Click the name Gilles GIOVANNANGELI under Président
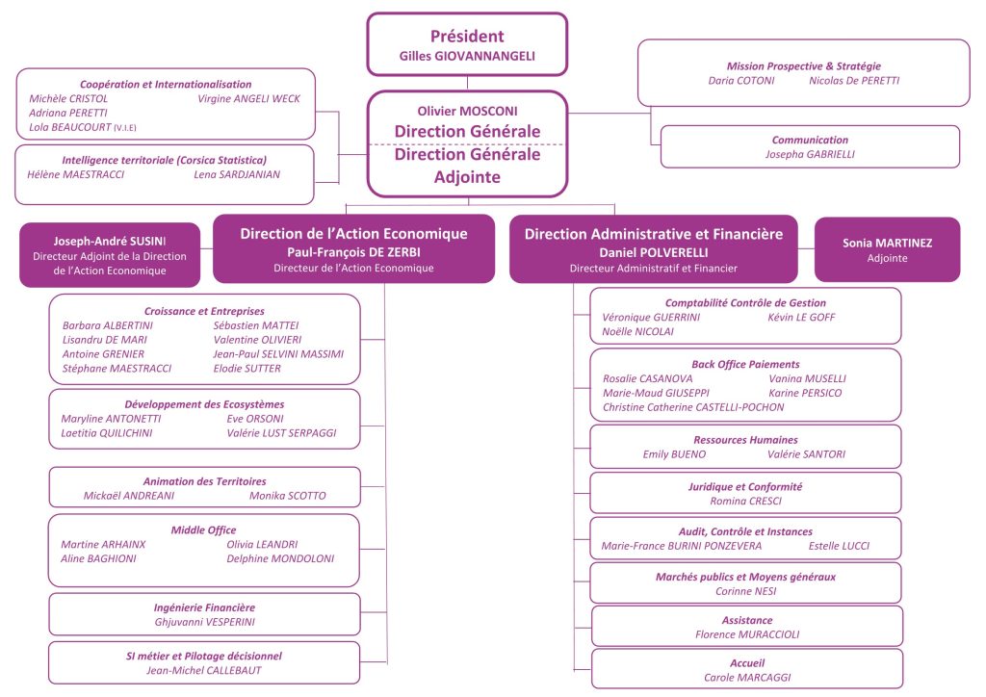coord(467,57)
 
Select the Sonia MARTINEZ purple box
coord(887,249)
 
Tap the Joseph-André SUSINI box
coord(110,255)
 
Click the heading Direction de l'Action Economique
coord(353,233)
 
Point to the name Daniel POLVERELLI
coord(653,251)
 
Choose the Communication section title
coord(810,140)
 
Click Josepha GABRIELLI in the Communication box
coord(810,154)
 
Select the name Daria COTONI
coord(741,81)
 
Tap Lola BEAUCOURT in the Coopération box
coord(72,127)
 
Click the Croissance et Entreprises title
coord(204,311)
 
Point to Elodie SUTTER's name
coord(247,369)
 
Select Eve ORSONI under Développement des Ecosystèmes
coord(254,419)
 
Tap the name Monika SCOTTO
coord(287,496)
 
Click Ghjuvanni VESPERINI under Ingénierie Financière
coord(204,622)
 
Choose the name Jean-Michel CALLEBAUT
coord(203,670)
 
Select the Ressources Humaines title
coord(745,439)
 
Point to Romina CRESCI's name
coord(745,502)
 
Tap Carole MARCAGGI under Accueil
coord(747,678)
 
